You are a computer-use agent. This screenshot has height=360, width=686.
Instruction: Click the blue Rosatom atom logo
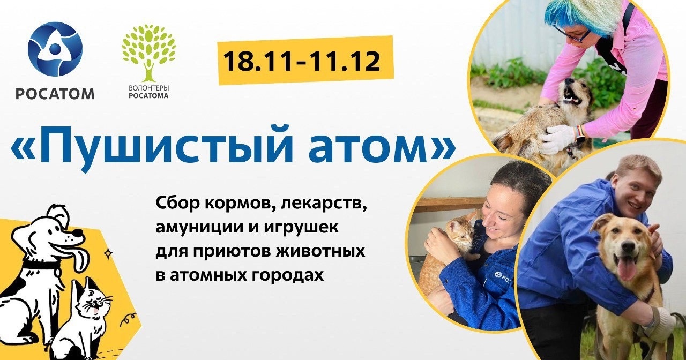pos(55,49)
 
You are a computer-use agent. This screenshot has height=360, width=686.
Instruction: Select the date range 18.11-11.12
pos(302,61)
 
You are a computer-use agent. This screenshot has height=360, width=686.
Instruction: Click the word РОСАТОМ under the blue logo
pos(55,94)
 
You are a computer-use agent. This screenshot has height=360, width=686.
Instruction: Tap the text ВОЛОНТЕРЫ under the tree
pos(149,88)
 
